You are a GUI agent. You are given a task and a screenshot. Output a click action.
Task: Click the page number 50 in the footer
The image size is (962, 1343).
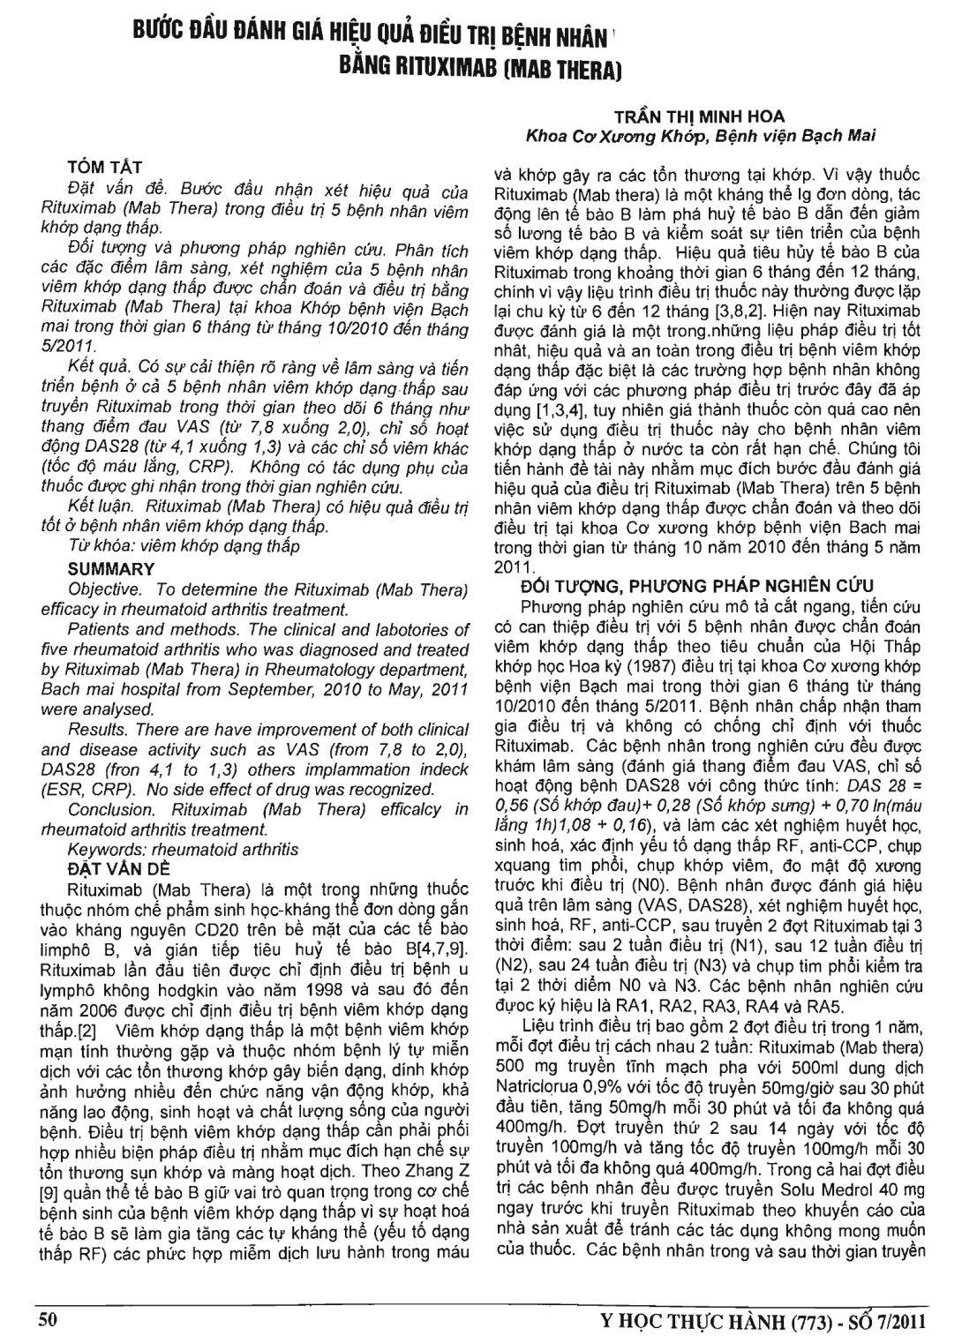tap(48, 1319)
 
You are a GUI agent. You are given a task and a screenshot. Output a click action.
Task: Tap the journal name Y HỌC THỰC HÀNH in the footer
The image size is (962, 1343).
tap(688, 1320)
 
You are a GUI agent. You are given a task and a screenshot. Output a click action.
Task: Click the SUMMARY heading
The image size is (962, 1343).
tap(112, 569)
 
